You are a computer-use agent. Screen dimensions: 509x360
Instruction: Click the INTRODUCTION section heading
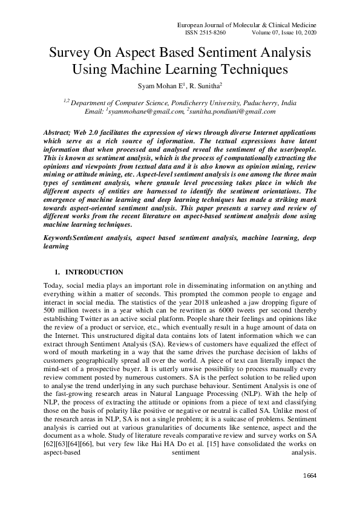[94, 272]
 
